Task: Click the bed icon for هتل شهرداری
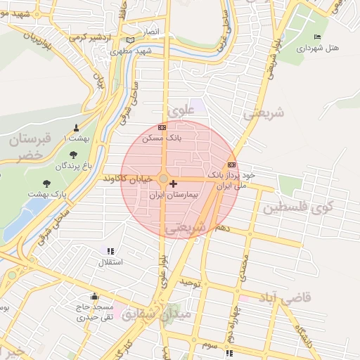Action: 317,37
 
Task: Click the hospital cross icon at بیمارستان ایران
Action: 174,184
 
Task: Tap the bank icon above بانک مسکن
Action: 162,128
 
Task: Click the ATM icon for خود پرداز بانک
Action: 231,165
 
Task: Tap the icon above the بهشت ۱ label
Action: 77,127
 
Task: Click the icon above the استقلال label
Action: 110,250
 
